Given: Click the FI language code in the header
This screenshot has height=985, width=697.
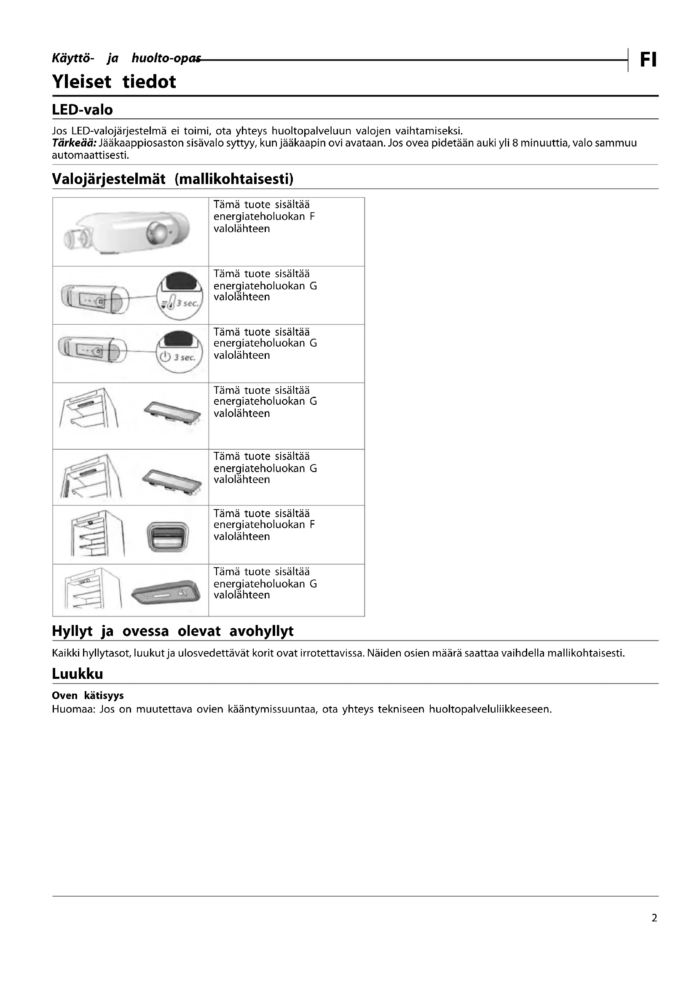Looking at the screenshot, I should [x=648, y=60].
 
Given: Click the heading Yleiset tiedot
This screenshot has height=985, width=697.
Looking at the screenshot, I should [x=114, y=82].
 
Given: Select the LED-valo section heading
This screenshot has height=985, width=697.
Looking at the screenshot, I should [x=83, y=110].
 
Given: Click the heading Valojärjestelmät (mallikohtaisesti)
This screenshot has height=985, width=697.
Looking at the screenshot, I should [x=172, y=179].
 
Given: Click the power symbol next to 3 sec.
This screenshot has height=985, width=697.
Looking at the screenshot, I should [x=165, y=357].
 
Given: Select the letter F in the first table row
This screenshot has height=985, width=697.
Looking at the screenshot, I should [x=312, y=216].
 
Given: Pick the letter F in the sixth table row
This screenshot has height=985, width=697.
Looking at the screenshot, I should [x=312, y=525].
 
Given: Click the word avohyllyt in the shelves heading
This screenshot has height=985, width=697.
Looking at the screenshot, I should [x=261, y=631].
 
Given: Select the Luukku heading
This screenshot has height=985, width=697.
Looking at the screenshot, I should [x=78, y=674].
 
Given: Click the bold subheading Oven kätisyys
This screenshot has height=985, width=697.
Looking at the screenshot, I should [x=88, y=695].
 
